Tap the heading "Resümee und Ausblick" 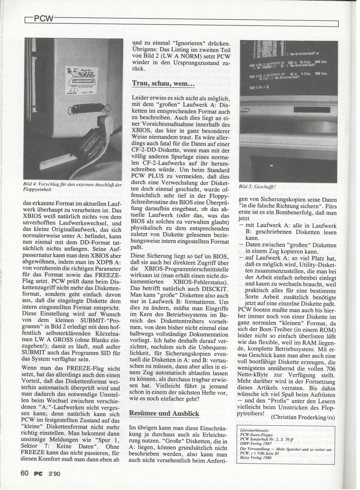click(164, 413)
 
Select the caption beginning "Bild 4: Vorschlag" click(73, 187)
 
